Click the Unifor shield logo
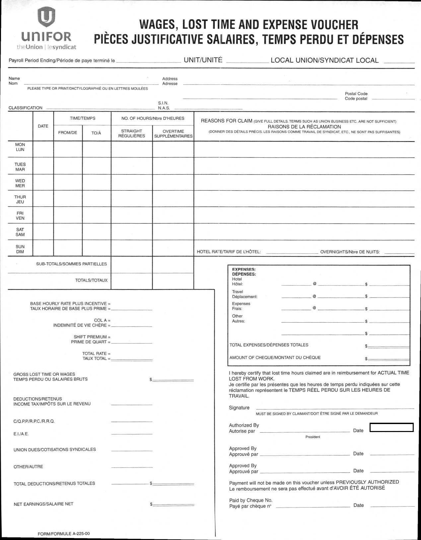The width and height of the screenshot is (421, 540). point(46,17)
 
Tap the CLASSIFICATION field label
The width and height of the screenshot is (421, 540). point(26,108)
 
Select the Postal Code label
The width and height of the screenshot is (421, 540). point(356,94)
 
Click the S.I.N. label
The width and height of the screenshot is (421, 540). point(163,103)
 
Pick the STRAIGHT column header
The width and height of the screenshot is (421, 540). point(131,131)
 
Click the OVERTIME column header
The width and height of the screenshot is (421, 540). point(173,131)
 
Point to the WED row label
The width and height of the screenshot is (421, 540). point(20,181)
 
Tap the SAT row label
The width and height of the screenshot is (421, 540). point(20,230)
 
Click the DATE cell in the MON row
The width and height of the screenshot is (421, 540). point(43,149)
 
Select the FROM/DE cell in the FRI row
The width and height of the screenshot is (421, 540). point(68,215)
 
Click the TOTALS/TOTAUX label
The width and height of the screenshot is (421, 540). point(91,280)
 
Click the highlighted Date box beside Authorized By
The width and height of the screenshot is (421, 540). point(391,428)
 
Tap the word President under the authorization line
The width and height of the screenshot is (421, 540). point(313,437)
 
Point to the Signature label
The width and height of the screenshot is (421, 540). point(239,408)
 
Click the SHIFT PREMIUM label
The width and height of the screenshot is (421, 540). point(92,337)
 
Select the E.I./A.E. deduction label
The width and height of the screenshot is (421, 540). point(21,434)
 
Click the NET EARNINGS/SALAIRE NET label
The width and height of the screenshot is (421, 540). point(43,504)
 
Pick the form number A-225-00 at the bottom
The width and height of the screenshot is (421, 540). point(64,534)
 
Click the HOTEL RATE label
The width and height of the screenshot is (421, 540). point(229,252)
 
